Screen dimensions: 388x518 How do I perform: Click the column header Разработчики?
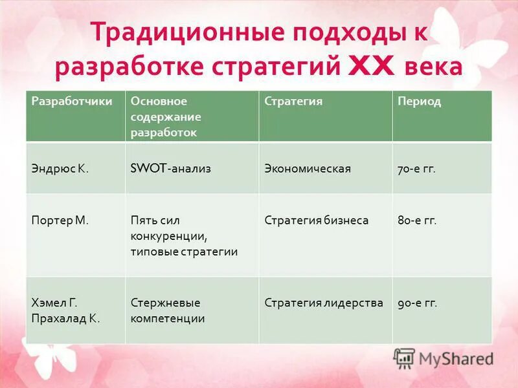tap(63, 102)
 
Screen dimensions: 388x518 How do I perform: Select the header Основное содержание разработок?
tap(166, 117)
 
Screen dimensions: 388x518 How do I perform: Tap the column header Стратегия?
tap(293, 102)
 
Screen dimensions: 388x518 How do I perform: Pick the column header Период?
tap(419, 102)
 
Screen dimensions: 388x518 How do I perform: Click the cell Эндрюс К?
tap(60, 169)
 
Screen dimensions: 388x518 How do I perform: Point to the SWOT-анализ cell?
tap(171, 169)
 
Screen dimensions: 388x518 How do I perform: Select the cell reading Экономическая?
tap(308, 169)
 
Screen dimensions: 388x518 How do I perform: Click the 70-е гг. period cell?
tap(416, 169)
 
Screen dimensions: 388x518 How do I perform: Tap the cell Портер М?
tap(60, 221)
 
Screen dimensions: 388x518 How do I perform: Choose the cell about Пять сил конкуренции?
tap(184, 236)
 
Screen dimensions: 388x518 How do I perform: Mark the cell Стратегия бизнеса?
tap(316, 221)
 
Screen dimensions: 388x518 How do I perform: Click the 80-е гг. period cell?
tap(417, 221)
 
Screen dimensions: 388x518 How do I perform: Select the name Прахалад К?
tap(65, 318)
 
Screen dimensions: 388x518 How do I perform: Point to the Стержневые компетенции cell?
tap(168, 310)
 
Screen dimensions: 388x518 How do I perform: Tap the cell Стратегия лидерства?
tap(324, 303)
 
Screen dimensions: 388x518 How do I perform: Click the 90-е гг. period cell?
tap(417, 303)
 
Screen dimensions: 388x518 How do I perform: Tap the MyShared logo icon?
tap(404, 358)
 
